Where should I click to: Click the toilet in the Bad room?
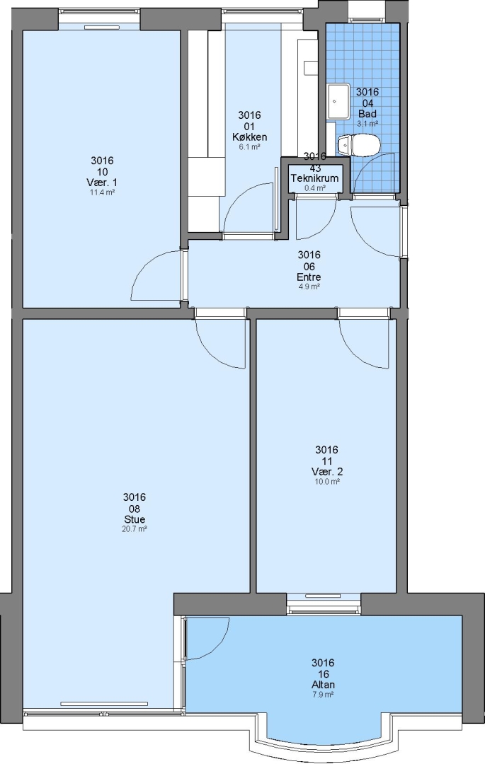(358, 145)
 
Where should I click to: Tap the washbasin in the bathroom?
(338, 101)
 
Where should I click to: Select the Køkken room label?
(249, 137)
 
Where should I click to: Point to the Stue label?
(135, 519)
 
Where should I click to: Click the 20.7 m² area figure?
(135, 528)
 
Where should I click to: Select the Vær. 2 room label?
(327, 472)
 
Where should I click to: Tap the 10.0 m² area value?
(327, 482)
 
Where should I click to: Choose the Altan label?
(323, 685)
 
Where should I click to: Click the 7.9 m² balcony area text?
(323, 695)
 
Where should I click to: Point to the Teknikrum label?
(315, 178)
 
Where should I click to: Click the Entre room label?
(309, 277)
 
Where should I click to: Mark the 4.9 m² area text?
(309, 286)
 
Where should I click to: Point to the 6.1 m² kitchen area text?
(249, 146)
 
